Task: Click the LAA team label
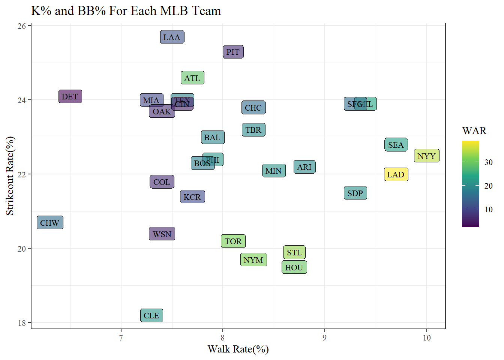point(172,37)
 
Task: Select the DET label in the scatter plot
point(70,97)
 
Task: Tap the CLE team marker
point(151,316)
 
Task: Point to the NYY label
point(426,156)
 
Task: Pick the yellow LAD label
point(396,175)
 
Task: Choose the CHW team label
point(50,223)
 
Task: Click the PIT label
point(233,52)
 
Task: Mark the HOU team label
point(294,267)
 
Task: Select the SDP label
point(355,193)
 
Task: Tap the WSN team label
point(162,234)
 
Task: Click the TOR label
point(233,241)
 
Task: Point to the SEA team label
point(396,145)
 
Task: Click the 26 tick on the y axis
point(22,26)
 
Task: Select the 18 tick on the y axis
point(22,323)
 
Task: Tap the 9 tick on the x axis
point(324,338)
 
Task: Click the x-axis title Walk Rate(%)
point(238,349)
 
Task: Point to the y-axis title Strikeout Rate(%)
point(10,175)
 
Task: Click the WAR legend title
point(474,131)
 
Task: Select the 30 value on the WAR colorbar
point(488,162)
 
